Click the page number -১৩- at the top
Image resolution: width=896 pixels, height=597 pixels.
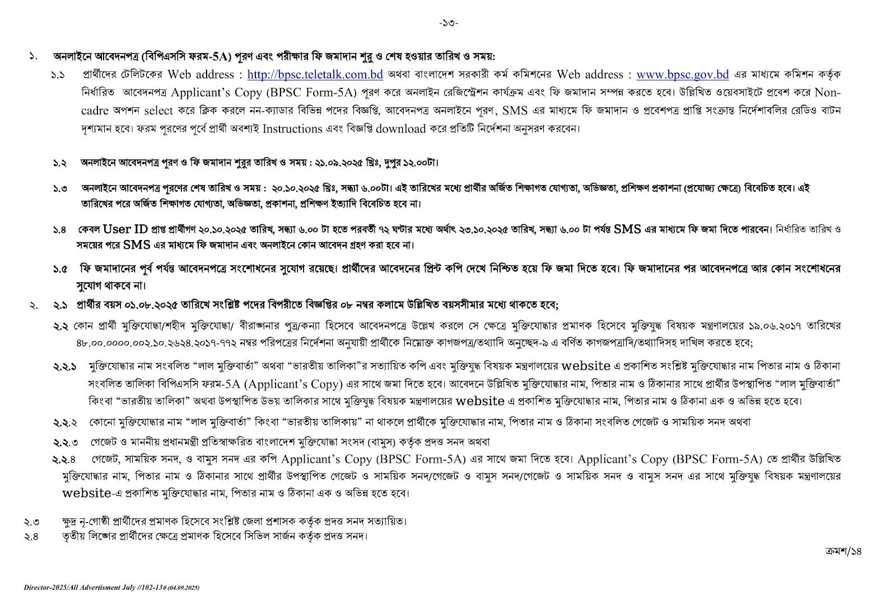click(448, 23)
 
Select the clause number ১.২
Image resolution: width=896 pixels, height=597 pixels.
click(60, 163)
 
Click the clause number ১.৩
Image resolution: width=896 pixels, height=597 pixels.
click(60, 189)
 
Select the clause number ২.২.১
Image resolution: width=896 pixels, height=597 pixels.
click(66, 367)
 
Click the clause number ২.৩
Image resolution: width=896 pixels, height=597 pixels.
click(31, 522)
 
